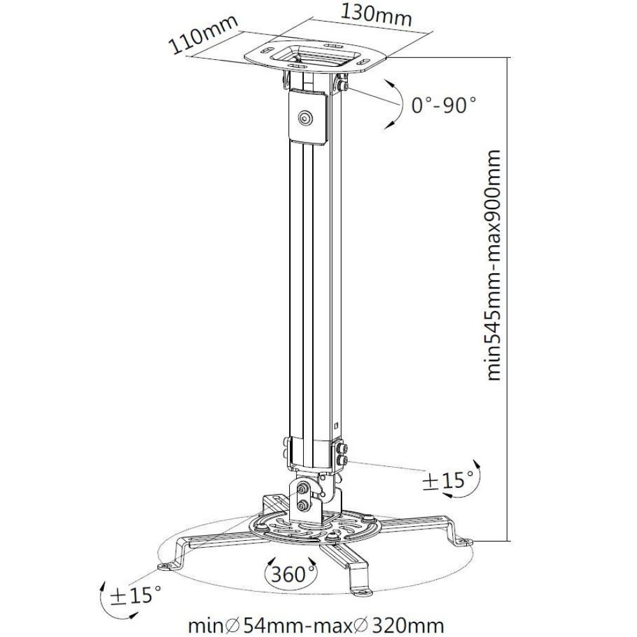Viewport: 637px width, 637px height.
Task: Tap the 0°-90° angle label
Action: pyautogui.click(x=444, y=104)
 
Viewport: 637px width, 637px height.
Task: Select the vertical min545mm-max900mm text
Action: pyautogui.click(x=493, y=265)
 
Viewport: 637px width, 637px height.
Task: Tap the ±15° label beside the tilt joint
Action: pyautogui.click(x=448, y=481)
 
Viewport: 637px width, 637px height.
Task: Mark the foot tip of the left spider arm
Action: pyautogui.click(x=166, y=566)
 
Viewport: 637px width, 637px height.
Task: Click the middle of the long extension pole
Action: pyautogui.click(x=311, y=287)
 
